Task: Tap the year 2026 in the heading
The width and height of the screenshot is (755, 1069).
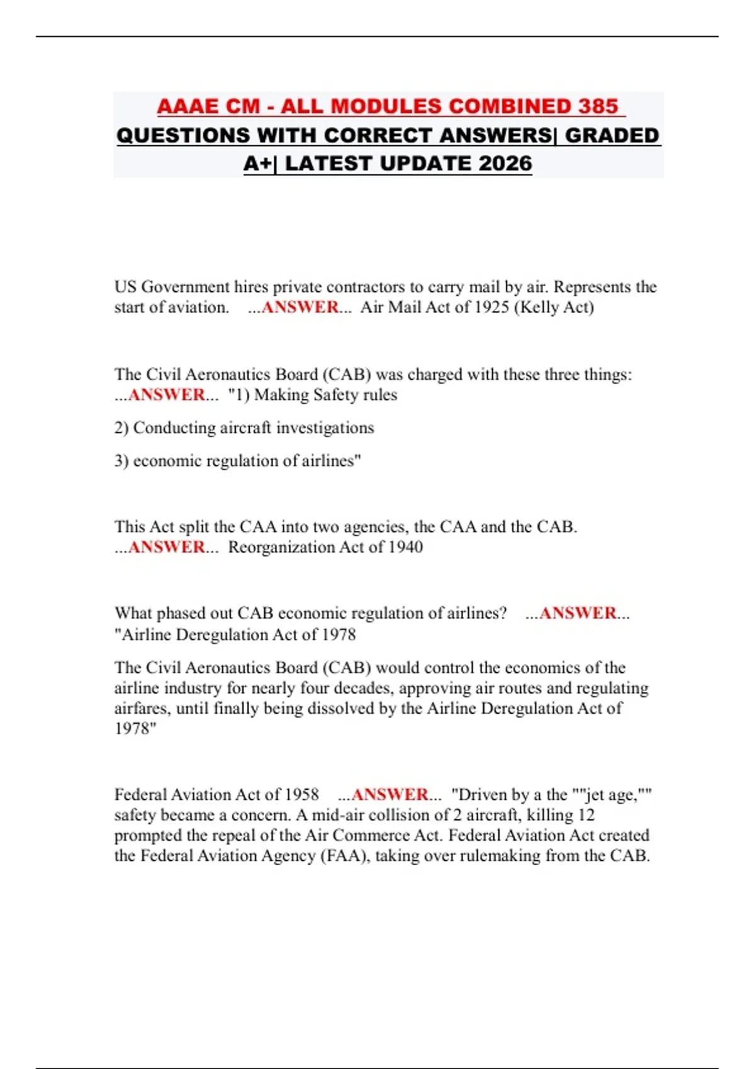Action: (505, 163)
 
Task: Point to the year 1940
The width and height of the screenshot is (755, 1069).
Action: (405, 547)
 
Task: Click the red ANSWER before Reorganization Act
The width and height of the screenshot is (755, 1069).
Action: (167, 547)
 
